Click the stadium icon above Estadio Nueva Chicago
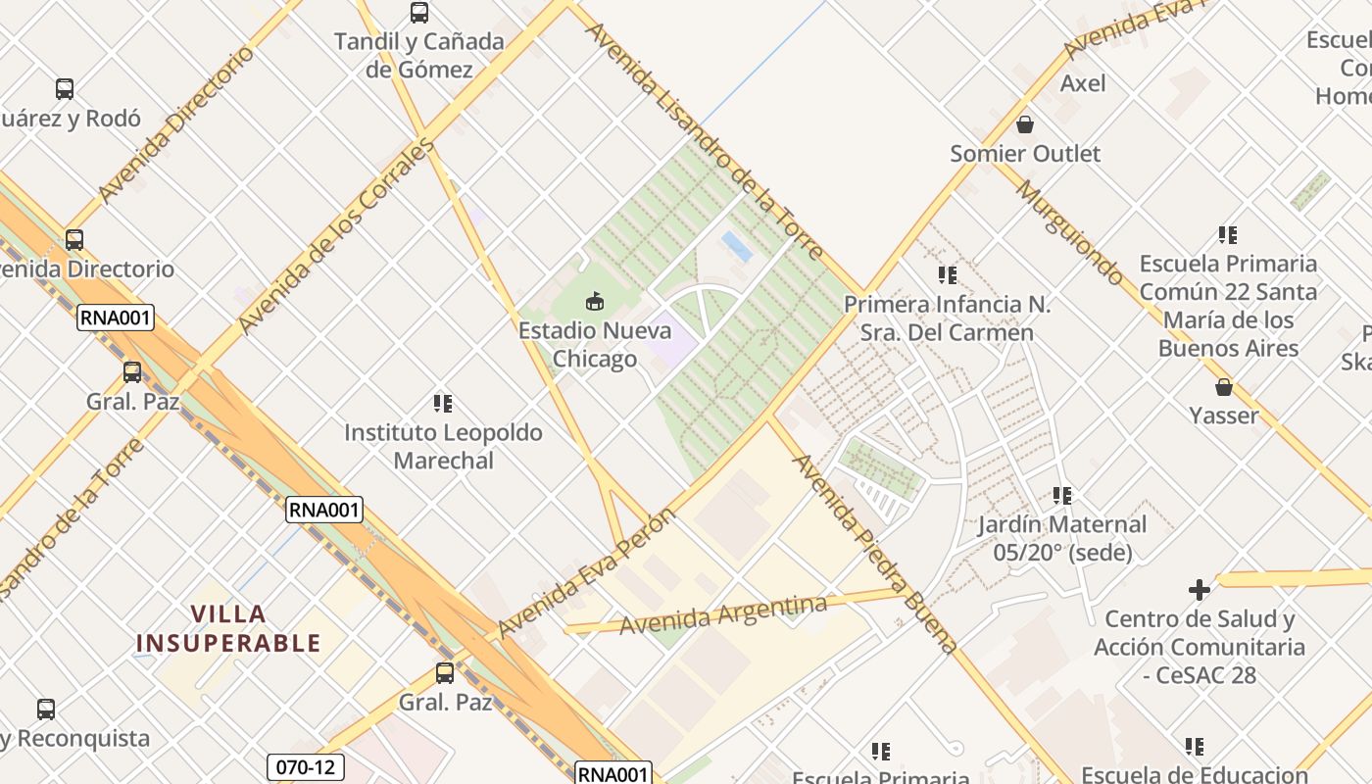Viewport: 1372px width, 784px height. coord(594,301)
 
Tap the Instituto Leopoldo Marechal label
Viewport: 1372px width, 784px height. coord(443,446)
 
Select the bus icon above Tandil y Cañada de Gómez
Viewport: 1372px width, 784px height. coord(419,13)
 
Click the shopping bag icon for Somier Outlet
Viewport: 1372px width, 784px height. coord(1025,124)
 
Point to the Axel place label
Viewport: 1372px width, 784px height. coord(1083,83)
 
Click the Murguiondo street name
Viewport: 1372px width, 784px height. coord(1069,232)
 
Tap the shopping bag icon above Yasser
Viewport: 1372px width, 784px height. coord(1223,387)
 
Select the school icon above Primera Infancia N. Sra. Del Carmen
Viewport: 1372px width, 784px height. coord(947,275)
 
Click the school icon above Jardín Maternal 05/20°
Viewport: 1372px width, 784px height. coord(1062,496)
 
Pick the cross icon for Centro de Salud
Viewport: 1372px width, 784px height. coord(1199,590)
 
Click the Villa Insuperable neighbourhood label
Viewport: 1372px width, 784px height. coord(228,628)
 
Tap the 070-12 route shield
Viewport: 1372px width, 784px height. coord(305,766)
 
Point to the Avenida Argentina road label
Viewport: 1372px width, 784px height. coord(723,615)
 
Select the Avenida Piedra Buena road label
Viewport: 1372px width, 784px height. coord(874,554)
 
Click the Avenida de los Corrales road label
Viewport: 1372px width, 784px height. coord(336,236)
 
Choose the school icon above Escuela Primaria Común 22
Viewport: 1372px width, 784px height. coord(1228,235)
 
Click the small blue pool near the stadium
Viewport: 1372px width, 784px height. coord(737,246)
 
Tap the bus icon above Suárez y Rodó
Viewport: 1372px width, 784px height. coord(65,89)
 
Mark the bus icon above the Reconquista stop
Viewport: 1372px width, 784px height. coord(46,710)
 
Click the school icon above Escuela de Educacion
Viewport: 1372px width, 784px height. coord(1195,747)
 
